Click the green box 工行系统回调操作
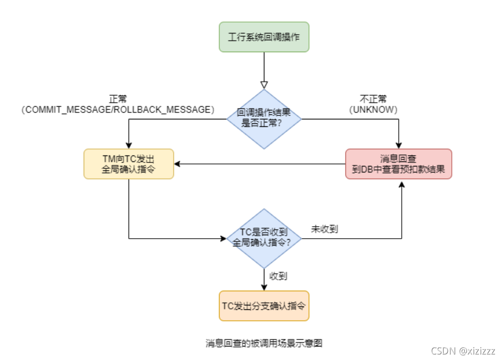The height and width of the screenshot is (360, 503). coord(264,37)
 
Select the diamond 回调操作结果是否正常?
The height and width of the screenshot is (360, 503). coord(264,119)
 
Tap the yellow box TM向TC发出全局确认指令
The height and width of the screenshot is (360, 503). coord(128,164)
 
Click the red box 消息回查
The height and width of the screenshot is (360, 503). coord(399,163)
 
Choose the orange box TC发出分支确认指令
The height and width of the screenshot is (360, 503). coord(264,305)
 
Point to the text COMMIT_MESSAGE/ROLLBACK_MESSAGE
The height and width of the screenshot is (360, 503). coord(118,109)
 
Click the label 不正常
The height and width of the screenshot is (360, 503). coord(374,99)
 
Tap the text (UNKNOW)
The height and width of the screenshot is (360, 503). coord(374,109)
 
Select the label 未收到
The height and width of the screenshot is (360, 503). coord(325,230)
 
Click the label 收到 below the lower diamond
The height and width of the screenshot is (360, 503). coord(278,276)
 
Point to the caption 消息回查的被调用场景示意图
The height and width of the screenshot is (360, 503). coord(264,343)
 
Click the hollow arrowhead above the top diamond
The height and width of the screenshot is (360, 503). coord(264,85)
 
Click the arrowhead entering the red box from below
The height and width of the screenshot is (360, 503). coord(402,183)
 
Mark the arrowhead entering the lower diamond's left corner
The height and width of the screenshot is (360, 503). coord(223,239)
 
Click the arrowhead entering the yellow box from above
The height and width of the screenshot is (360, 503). coord(129,145)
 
